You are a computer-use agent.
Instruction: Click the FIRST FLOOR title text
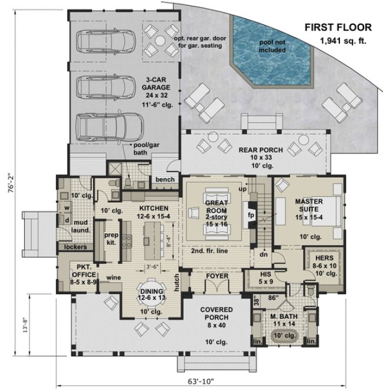click(337, 27)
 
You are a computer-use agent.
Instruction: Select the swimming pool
click(270, 44)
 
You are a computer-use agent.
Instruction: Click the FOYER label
click(216, 276)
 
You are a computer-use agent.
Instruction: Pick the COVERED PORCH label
click(216, 316)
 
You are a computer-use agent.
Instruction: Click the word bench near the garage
click(164, 179)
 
